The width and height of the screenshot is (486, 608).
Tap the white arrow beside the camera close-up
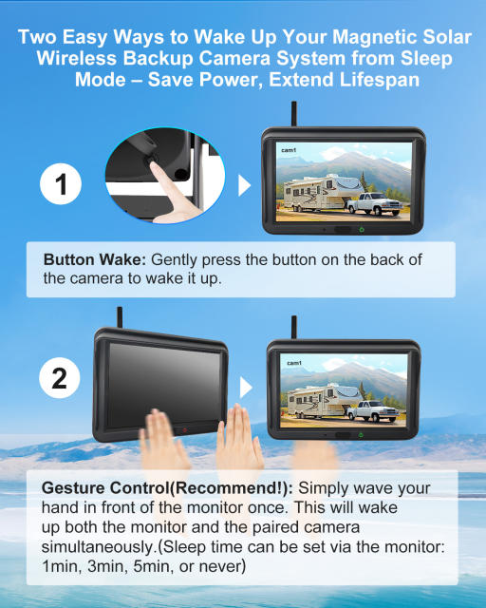[243, 184]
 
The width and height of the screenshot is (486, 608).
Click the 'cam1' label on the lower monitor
[292, 363]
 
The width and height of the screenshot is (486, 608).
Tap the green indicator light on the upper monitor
[361, 230]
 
